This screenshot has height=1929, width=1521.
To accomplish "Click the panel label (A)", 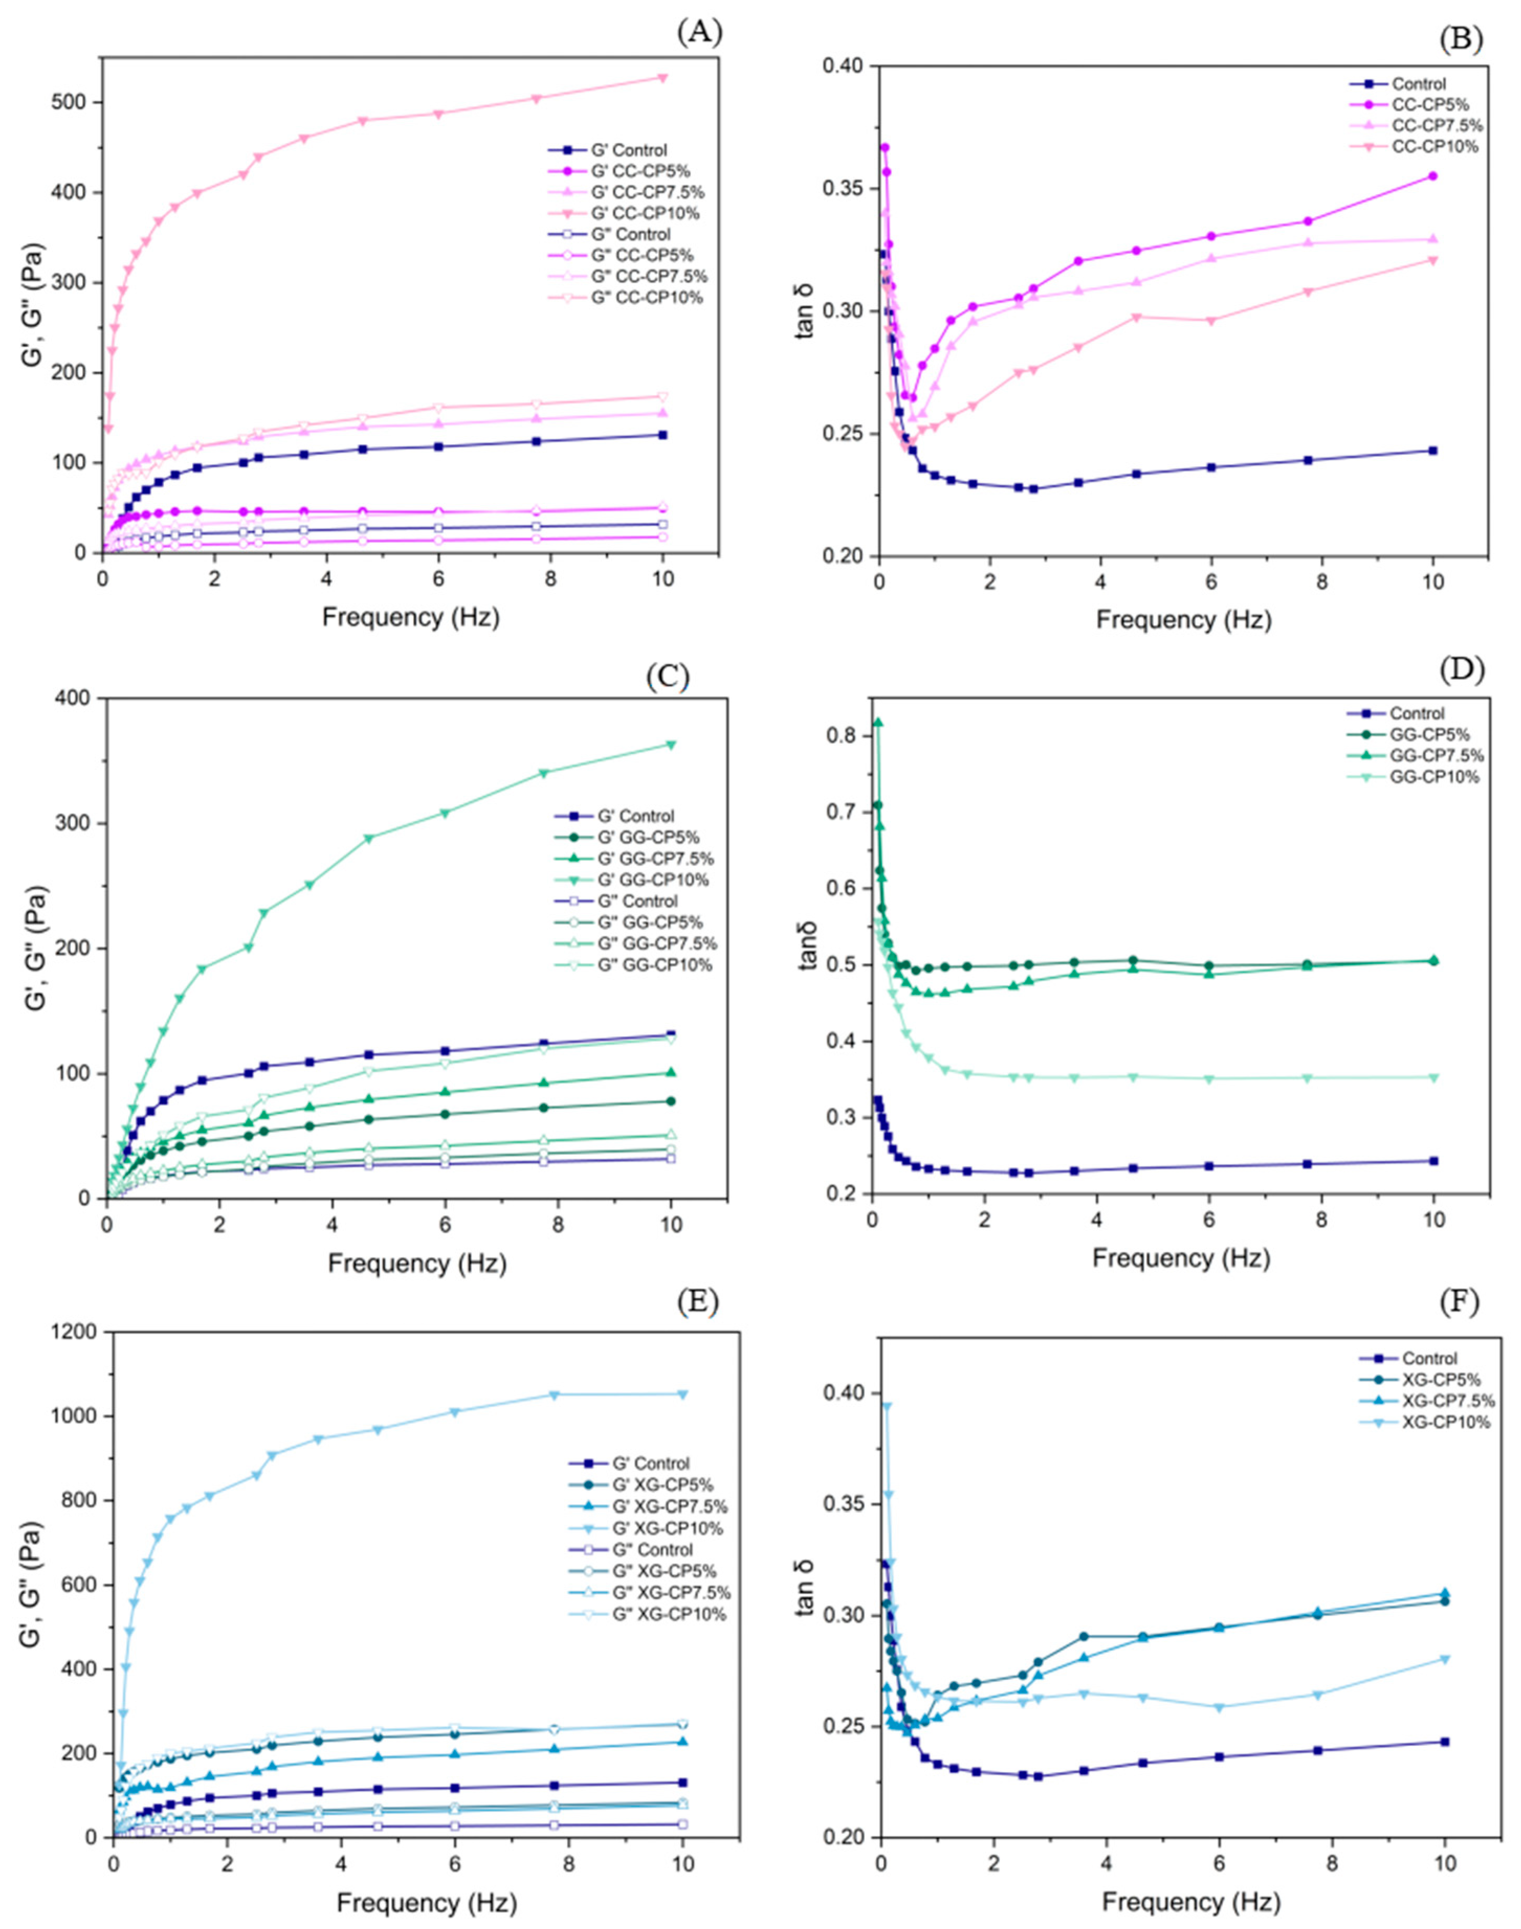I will pyautogui.click(x=699, y=33).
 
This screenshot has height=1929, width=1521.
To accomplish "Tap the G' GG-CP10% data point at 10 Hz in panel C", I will pyautogui.click(x=671, y=744).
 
